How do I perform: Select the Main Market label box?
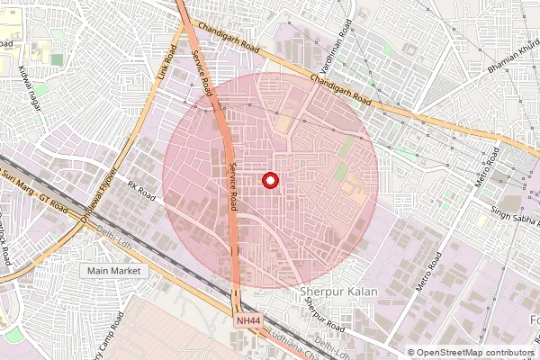click(113, 270)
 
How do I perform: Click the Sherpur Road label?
click(324, 318)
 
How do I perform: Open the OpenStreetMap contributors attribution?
click(472, 353)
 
